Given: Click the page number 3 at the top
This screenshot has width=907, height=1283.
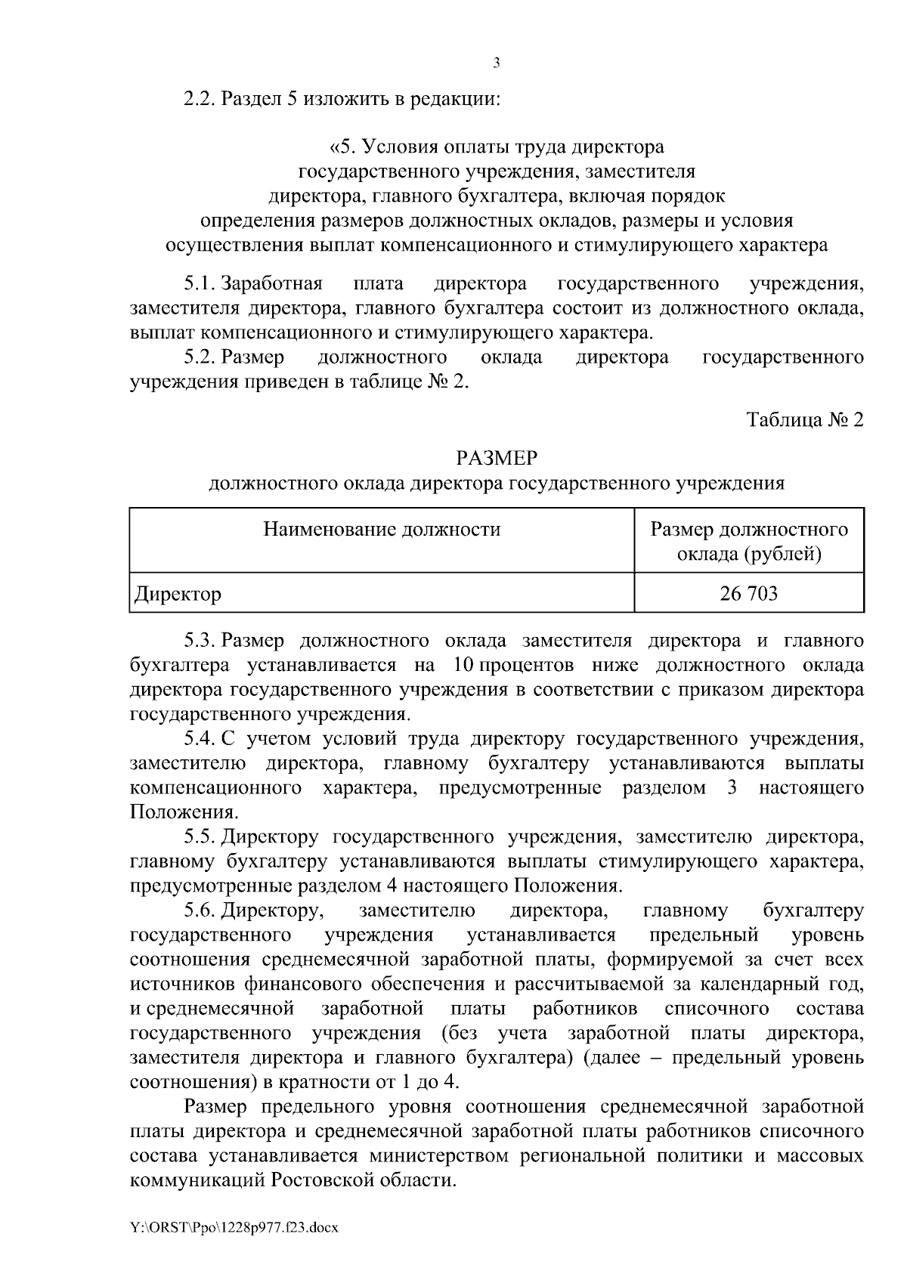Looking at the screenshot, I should coord(496,63).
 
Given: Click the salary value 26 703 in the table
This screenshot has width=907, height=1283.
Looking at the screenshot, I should coord(748,594).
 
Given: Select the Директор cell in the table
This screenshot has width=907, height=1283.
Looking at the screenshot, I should coord(178,595).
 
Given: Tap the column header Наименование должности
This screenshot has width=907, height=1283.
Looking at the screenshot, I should coord(382,529).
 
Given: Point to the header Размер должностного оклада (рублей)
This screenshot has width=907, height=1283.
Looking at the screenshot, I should coord(749,542).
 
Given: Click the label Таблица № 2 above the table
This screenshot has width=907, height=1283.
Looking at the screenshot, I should coord(804,419).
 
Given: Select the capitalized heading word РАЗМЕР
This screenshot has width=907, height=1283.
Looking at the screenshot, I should coord(497,459).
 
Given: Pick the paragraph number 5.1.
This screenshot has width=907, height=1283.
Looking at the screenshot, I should coord(200,284).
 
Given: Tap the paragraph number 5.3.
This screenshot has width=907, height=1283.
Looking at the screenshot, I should coord(200,641).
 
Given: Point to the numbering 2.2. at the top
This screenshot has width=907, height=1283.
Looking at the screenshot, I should coord(200,99).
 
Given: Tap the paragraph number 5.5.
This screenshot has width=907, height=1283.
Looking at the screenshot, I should coord(200,837).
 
